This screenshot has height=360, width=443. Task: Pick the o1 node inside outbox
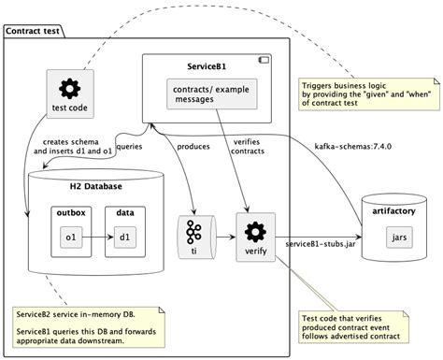tap(70, 237)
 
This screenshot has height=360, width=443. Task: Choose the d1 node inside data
tap(124, 237)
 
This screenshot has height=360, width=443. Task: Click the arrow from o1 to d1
tap(97, 237)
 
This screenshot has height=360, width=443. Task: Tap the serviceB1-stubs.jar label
tap(319, 245)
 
